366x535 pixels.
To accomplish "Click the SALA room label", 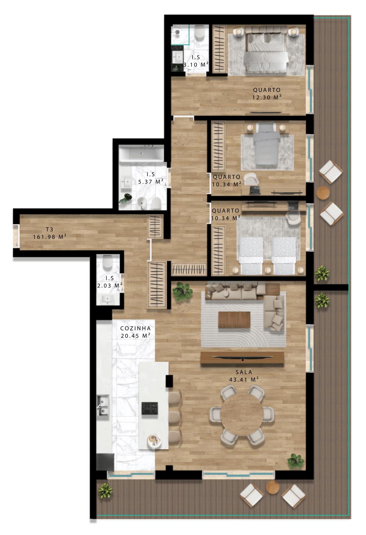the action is click(244, 372).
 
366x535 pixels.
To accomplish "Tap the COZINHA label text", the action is click(135, 328).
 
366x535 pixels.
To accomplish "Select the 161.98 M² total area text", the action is click(50, 237).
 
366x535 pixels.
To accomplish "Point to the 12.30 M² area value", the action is click(267, 97).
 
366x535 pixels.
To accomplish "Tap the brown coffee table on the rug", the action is click(234, 320).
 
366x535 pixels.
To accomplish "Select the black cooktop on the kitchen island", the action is click(150, 408).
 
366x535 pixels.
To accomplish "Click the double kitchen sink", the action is click(103, 405).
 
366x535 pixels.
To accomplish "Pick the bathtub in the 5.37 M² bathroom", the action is click(142, 153).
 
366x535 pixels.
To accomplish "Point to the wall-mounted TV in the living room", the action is click(242, 358).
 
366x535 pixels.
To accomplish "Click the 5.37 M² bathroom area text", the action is click(151, 182).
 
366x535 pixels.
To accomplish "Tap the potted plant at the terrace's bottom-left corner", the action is click(105, 491).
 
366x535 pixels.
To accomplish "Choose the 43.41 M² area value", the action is click(244, 379).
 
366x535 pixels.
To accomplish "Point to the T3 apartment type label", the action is click(49, 229).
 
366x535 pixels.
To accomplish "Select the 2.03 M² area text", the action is click(110, 285).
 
